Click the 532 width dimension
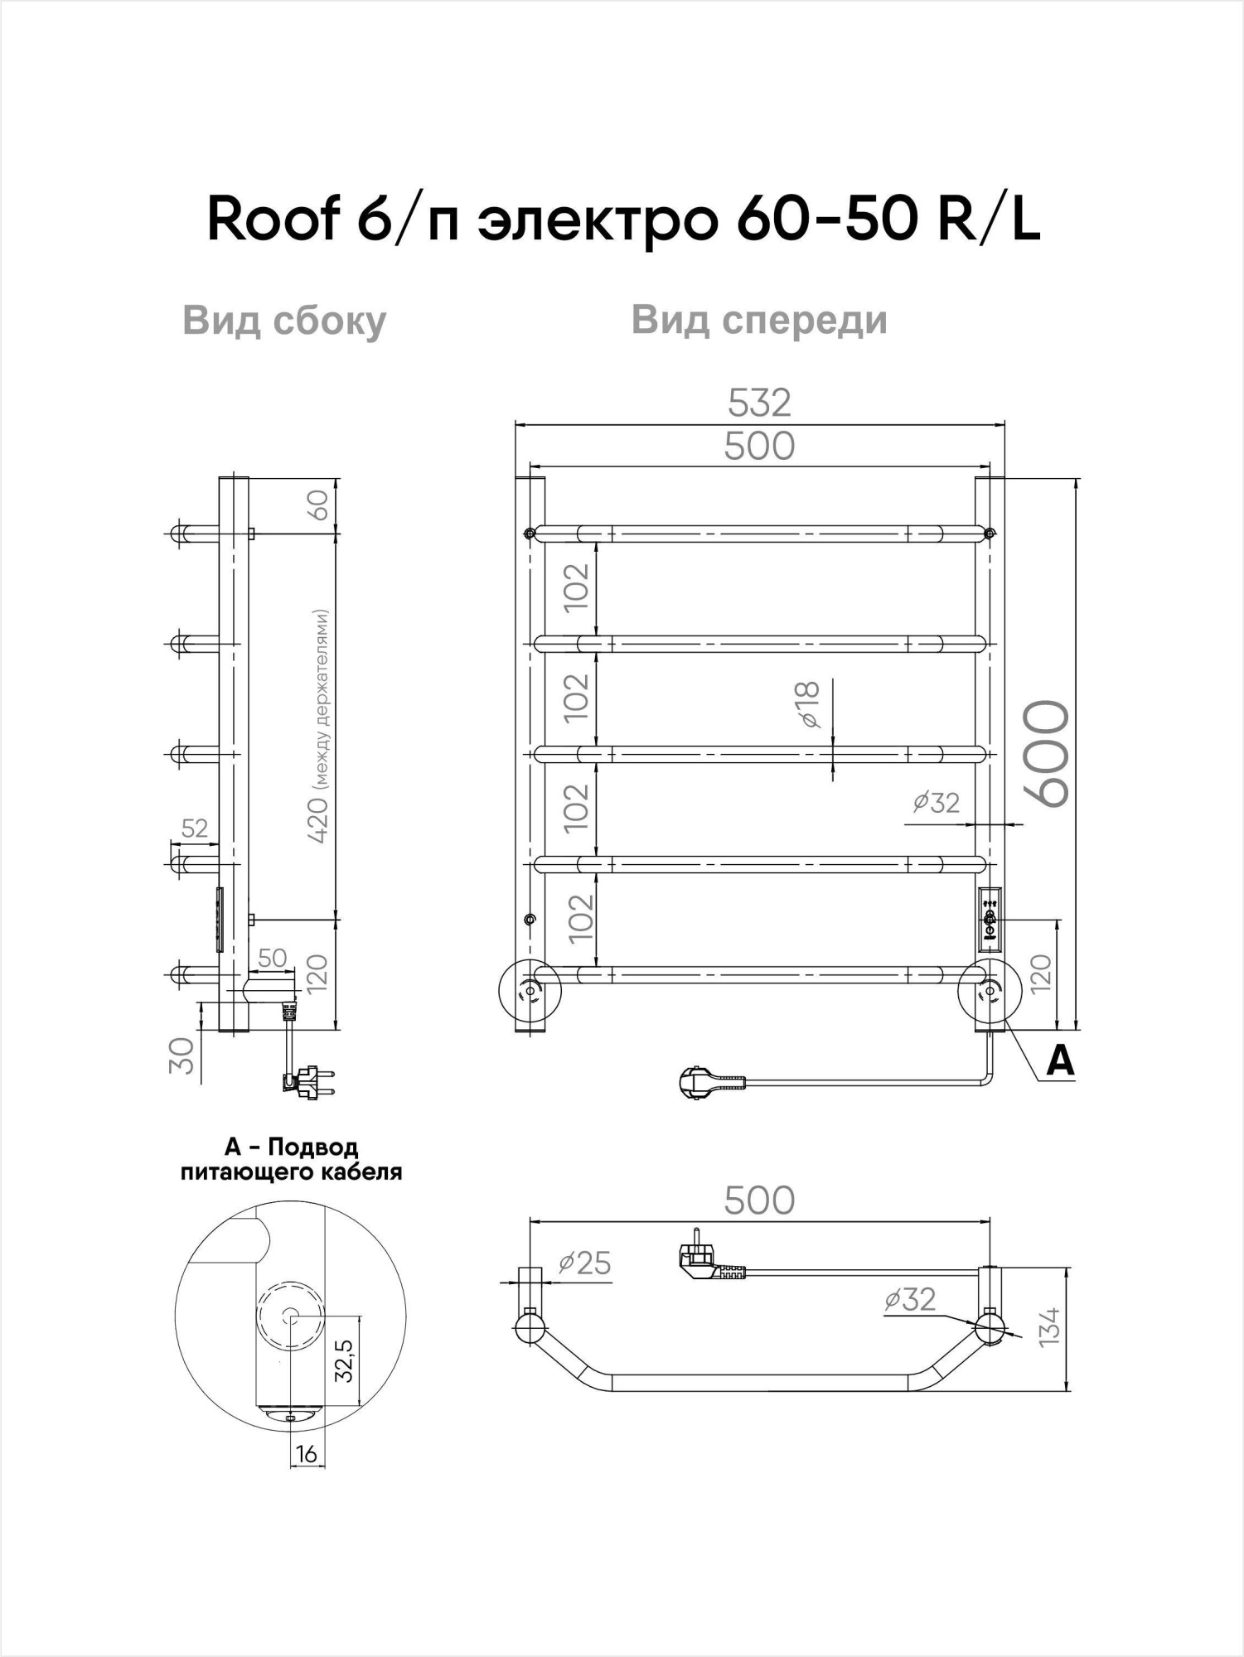(x=759, y=403)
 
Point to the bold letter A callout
(x=1060, y=1061)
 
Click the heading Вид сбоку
(x=284, y=321)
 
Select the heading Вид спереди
(x=759, y=320)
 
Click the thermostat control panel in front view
(x=990, y=917)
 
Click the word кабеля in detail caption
(x=365, y=1172)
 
